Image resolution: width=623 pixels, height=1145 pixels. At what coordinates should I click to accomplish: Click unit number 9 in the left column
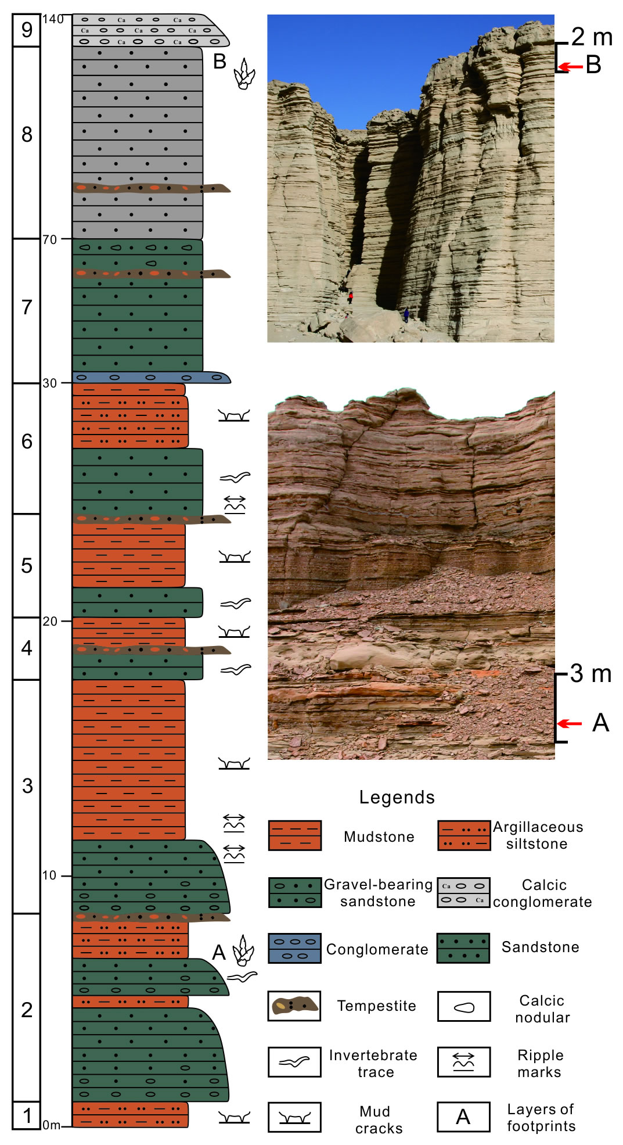tap(27, 29)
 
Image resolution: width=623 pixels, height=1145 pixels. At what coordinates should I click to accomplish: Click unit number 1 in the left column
tap(27, 1115)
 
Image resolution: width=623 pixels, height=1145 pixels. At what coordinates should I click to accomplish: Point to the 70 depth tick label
tap(49, 239)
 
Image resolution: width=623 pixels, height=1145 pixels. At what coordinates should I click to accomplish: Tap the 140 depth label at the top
tap(52, 19)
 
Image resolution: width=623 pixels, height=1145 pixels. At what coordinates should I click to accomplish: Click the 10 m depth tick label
tap(49, 875)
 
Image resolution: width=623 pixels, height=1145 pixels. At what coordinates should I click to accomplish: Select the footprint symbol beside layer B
tap(244, 74)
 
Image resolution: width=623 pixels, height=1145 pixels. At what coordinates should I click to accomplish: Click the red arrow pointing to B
tap(570, 67)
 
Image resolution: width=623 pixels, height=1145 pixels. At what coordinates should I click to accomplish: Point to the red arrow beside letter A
tap(570, 723)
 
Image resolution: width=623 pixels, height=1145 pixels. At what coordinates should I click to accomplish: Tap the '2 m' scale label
tap(592, 37)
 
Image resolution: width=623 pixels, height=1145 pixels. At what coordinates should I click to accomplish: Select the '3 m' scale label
tap(590, 674)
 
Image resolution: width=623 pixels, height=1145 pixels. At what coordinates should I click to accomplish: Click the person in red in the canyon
tap(350, 297)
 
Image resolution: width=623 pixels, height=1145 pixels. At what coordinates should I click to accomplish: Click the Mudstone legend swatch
tap(295, 835)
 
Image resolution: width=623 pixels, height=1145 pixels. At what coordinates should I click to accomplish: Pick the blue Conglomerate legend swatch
tap(295, 948)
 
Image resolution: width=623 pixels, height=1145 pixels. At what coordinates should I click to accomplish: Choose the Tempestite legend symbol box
tap(294, 1006)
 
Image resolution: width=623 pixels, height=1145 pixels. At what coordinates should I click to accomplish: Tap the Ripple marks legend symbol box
tap(464, 1062)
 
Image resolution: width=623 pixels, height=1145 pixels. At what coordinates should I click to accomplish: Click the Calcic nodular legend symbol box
tap(464, 1006)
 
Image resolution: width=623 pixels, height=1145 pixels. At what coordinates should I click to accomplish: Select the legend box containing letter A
tap(464, 1117)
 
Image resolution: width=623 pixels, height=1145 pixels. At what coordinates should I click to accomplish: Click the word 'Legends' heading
tap(397, 797)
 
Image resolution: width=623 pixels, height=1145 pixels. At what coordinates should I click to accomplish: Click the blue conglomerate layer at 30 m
tap(151, 377)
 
